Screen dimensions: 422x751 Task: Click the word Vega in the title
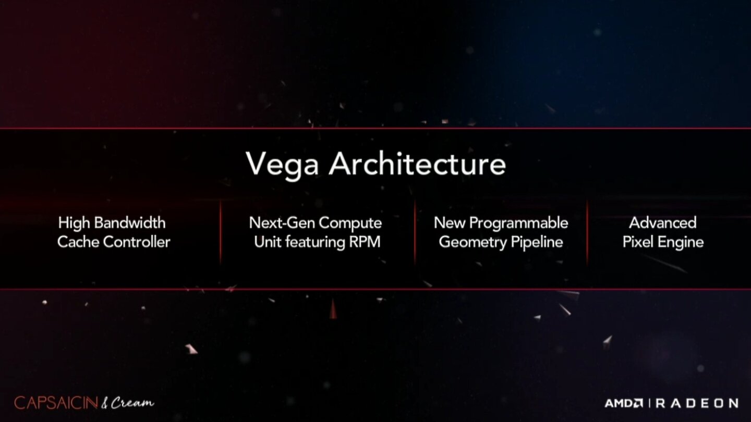pos(282,164)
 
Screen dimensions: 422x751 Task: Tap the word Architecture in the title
pos(417,164)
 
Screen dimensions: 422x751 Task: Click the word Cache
pos(75,242)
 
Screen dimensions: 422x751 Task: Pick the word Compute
pos(350,224)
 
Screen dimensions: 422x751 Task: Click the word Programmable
pos(519,224)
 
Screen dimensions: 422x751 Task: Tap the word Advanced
pos(662,223)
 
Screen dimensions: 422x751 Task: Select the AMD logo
pos(623,403)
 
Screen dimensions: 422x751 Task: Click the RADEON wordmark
pos(696,403)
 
